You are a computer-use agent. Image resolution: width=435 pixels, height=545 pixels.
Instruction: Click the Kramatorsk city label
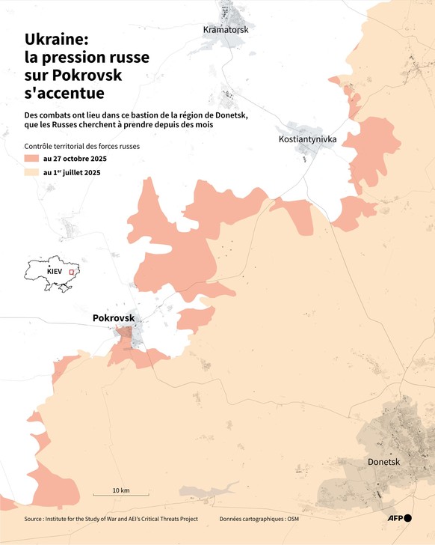(225, 29)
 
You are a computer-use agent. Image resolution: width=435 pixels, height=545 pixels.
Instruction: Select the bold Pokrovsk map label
(114, 318)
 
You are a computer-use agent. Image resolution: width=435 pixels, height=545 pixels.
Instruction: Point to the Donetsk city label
(384, 462)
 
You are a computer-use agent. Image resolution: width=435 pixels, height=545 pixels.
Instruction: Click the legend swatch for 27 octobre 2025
(31, 159)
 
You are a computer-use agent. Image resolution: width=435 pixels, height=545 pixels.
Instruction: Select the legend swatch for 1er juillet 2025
(31, 172)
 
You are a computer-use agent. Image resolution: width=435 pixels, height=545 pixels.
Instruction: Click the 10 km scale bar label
(121, 490)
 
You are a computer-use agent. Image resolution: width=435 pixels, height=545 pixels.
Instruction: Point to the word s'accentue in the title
(64, 94)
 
